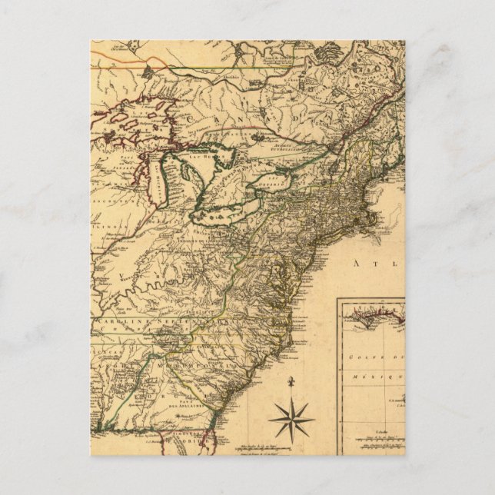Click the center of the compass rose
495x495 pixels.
tap(292, 420)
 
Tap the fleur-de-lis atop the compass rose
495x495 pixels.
tap(292, 382)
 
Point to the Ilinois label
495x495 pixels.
tap(107, 228)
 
